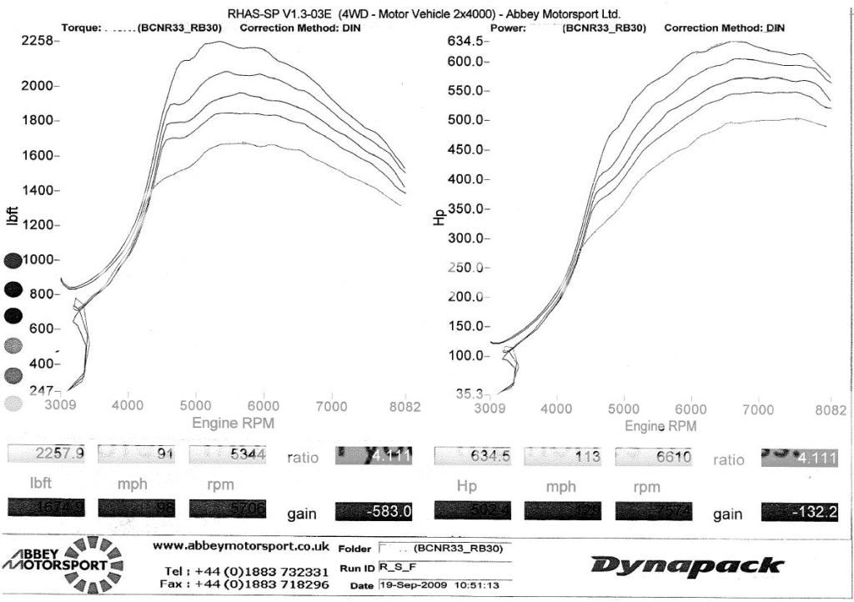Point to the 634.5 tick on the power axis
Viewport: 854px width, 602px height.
point(466,41)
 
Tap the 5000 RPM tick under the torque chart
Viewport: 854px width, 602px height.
point(196,406)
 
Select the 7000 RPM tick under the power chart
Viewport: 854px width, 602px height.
point(759,409)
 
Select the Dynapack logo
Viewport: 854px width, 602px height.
point(688,566)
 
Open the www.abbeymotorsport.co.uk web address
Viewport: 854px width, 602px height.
point(241,546)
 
